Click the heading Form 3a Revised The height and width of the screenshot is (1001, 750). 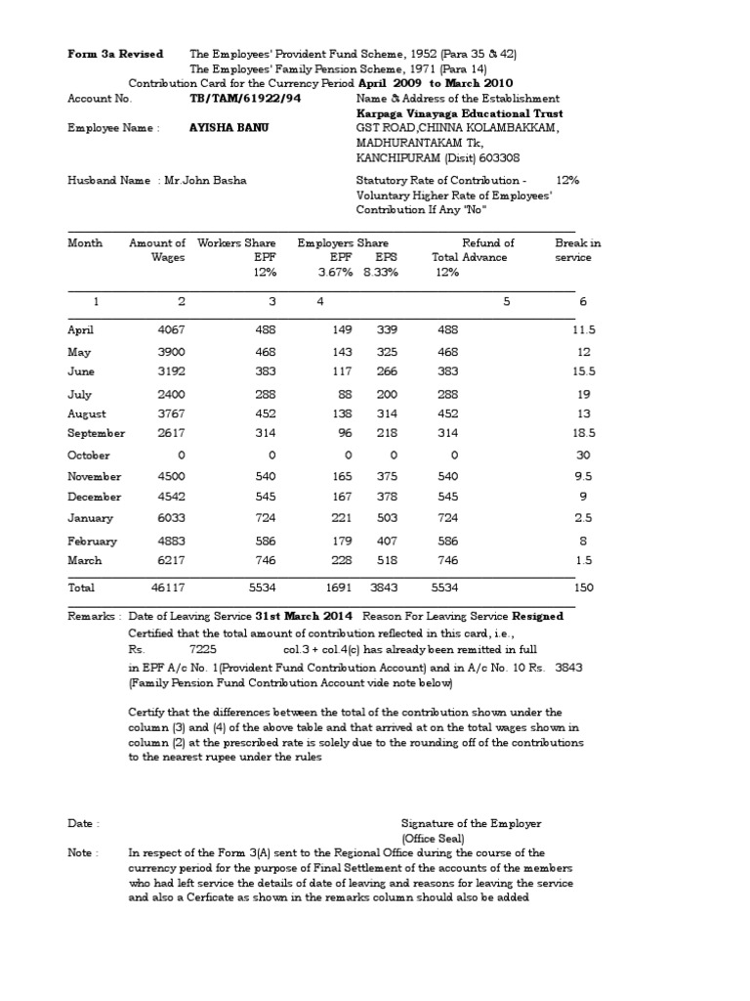pyautogui.click(x=115, y=54)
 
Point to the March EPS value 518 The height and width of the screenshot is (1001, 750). pyautogui.click(x=387, y=561)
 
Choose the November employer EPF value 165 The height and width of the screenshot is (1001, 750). pyautogui.click(x=336, y=477)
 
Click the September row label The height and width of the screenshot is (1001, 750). pyautogui.click(x=96, y=433)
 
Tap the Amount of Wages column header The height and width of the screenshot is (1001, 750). pyautogui.click(x=158, y=250)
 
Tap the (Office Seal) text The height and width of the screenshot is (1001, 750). pyautogui.click(x=433, y=839)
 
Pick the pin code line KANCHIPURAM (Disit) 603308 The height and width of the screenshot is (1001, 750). pyautogui.click(x=437, y=156)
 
